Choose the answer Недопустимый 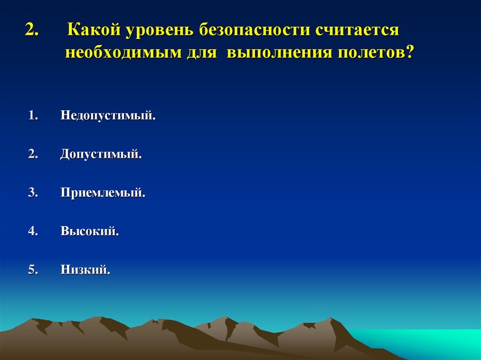point(108,115)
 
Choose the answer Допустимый point(101,154)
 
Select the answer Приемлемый point(103,193)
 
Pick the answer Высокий point(89,231)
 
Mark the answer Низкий point(85,270)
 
